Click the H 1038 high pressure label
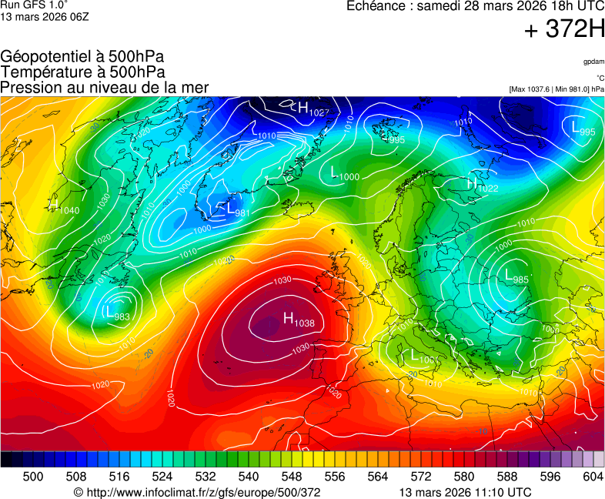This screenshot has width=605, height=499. [x=299, y=320]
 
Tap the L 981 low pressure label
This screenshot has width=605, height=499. [x=236, y=209]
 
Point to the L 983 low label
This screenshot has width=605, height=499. [x=118, y=313]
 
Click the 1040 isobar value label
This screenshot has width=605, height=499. [x=68, y=211]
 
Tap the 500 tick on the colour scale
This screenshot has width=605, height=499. [x=33, y=477]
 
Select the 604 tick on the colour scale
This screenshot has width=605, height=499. [x=593, y=477]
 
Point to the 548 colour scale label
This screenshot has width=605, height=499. [x=291, y=477]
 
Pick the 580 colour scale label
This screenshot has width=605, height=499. [x=463, y=477]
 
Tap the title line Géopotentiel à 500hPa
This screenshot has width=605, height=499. [x=82, y=57]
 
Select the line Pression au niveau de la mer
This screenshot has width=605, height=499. [x=105, y=87]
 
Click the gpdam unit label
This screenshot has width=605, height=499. [x=593, y=62]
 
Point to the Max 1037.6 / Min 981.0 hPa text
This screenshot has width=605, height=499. [x=555, y=89]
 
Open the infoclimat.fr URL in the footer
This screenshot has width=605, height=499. [x=196, y=492]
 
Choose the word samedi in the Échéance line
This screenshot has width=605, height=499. [x=435, y=6]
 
